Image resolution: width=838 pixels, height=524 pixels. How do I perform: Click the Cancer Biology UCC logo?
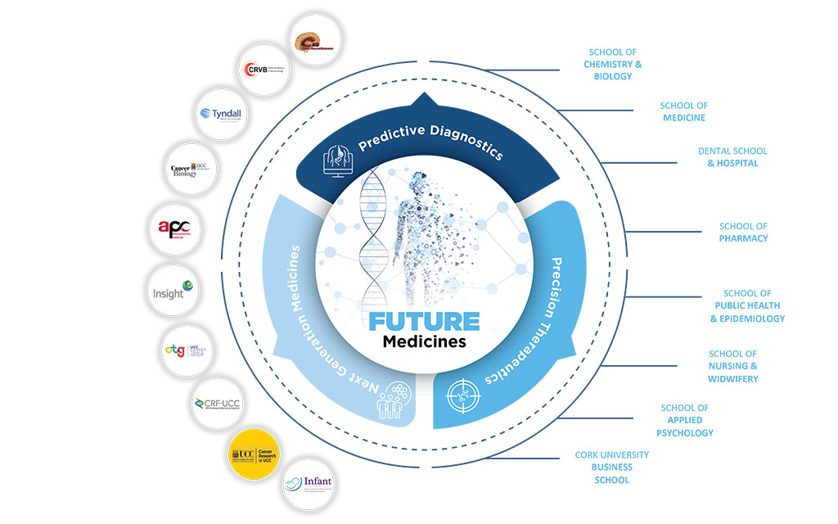190,169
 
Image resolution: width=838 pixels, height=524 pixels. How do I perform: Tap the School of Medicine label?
683,111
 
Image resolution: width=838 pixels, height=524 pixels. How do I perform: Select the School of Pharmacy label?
743,232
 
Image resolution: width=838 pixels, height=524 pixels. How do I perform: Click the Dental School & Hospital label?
732,157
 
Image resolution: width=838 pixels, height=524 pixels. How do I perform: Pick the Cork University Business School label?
611,467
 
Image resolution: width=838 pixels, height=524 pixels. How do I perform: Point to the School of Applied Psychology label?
685,420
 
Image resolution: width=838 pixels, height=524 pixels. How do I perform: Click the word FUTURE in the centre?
424,320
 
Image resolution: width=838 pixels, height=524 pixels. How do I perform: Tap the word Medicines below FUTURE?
424,341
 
